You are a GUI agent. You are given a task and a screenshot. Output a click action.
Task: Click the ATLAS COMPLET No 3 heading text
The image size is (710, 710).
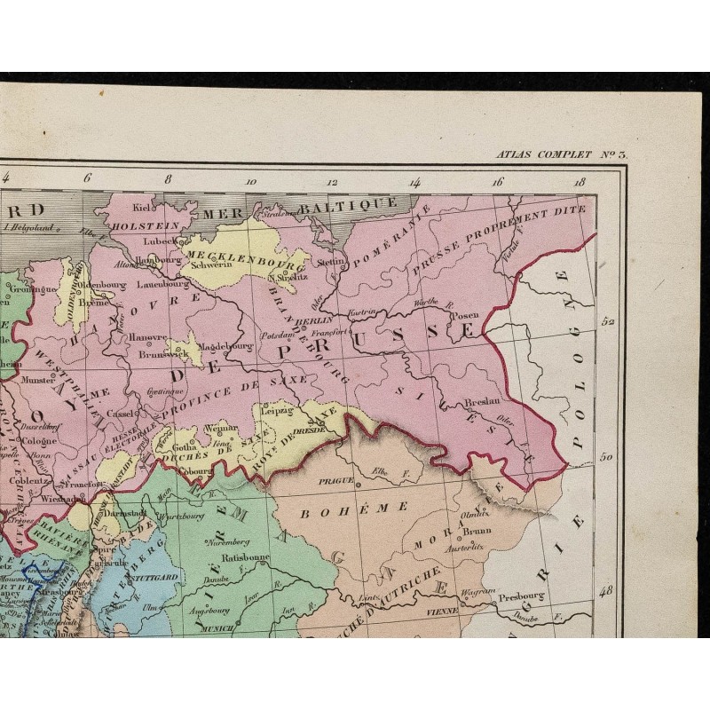(x=562, y=154)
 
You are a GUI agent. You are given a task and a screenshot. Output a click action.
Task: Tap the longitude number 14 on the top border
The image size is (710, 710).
(x=414, y=182)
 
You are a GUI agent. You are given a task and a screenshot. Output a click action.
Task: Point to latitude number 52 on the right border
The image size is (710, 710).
(x=609, y=323)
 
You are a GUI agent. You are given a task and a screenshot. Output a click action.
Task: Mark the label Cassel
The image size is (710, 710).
(x=119, y=414)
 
